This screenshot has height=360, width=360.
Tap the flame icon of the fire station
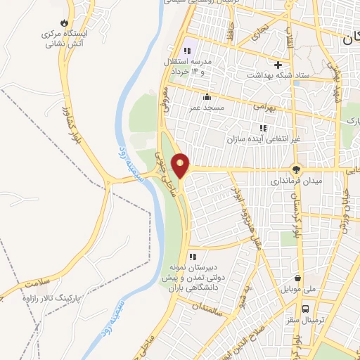tap(65, 22)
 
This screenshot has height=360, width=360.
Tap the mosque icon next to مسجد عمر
tap(207, 97)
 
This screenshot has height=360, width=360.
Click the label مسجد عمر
tap(204, 107)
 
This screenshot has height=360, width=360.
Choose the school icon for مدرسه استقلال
tap(188, 50)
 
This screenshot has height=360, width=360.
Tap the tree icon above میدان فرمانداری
tap(296, 169)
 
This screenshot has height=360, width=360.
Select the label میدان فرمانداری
tap(298, 181)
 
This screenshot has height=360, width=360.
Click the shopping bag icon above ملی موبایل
tap(300, 277)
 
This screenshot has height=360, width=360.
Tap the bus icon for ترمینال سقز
tap(306, 308)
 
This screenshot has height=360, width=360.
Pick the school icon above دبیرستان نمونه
tap(192, 257)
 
